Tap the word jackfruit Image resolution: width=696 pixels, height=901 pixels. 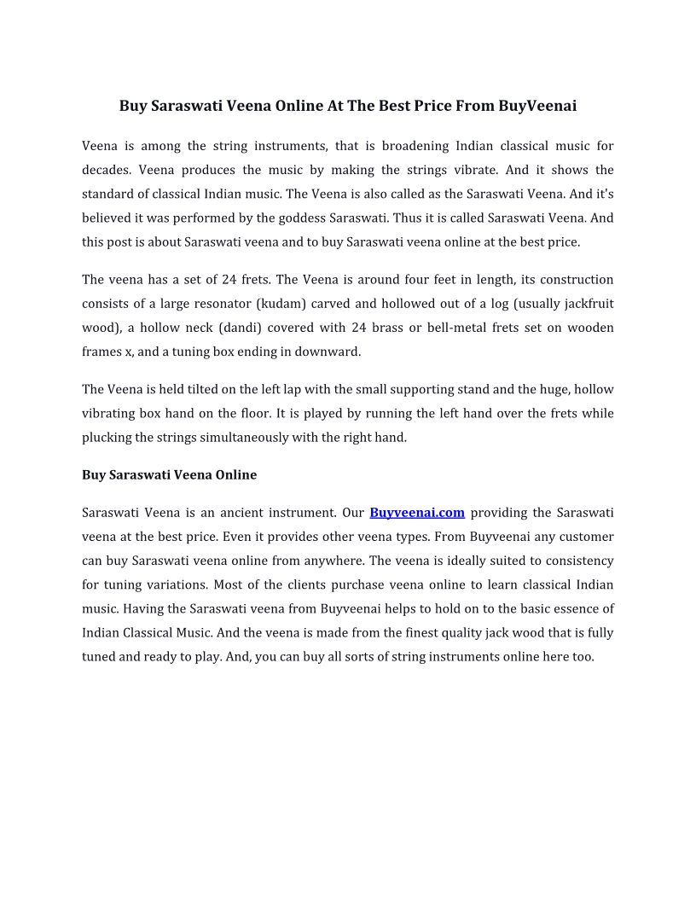tap(589, 304)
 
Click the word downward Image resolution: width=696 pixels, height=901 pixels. tap(328, 352)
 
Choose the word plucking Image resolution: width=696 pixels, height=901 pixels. tap(107, 438)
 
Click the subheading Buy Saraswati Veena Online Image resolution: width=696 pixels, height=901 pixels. tap(169, 474)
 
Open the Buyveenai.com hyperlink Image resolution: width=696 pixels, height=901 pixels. tap(417, 513)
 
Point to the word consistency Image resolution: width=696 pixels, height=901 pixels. tap(576, 561)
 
